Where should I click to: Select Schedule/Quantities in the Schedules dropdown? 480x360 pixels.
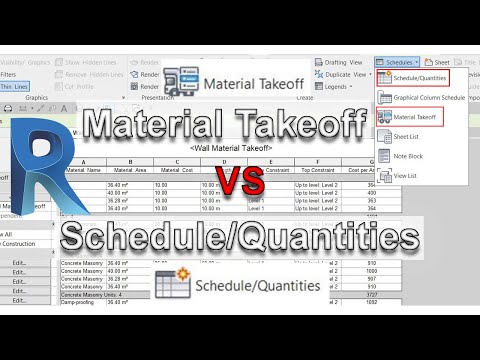(x=418, y=77)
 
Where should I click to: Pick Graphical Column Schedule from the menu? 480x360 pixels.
(x=428, y=97)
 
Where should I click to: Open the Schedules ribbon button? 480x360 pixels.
(x=397, y=61)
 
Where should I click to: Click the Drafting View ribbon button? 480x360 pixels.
(x=342, y=61)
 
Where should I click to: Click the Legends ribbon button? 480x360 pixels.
(x=341, y=87)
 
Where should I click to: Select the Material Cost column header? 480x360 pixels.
(x=174, y=170)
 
